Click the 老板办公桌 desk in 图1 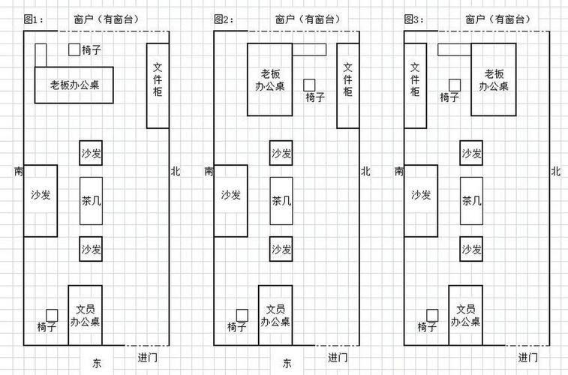pos(74,85)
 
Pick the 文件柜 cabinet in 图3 pos(415,85)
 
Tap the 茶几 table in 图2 pos(281,201)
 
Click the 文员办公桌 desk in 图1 pos(85,315)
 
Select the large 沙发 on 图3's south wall pos(421,201)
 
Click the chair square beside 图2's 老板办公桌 pos(309,85)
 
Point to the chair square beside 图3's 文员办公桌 pos(432,315)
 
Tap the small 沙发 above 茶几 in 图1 pos(91,153)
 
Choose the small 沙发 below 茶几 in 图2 pos(281,249)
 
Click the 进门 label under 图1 pos(148,358)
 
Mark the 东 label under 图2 pos(287,363)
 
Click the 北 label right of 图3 pos(556,171)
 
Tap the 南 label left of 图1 pos(19,171)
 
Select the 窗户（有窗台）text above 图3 pos(498,19)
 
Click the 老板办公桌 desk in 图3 pos(494,79)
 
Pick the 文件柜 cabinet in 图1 pos(158,85)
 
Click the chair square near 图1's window pos(74,49)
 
